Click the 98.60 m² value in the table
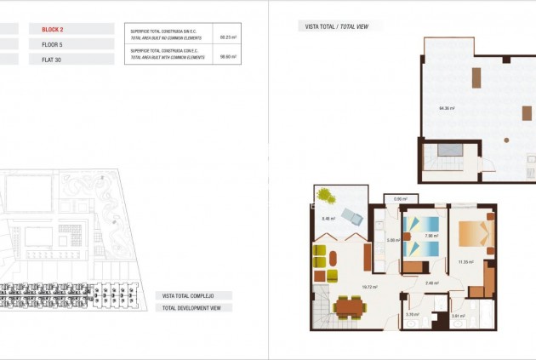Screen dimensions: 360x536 [228, 56]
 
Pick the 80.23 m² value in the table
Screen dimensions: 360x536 [228, 37]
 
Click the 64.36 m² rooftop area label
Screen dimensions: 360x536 [447, 108]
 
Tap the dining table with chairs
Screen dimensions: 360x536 [350, 306]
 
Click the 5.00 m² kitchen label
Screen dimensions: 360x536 [392, 240]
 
